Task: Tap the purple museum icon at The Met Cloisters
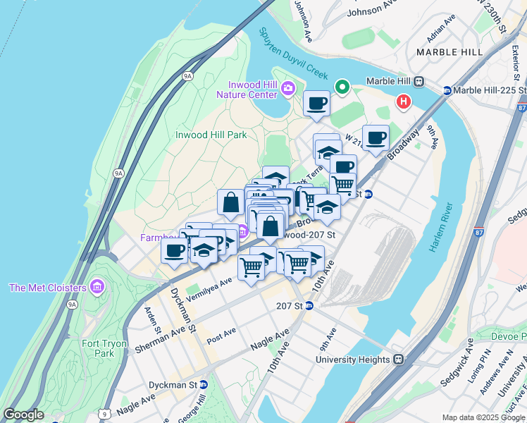click(97, 287)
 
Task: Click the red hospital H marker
click(404, 102)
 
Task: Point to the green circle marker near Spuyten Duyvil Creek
click(342, 87)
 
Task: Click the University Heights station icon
click(398, 359)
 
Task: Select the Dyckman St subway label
click(173, 385)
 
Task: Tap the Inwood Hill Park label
click(211, 135)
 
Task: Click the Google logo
click(24, 415)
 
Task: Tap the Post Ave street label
click(221, 336)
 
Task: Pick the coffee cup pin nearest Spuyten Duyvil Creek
click(316, 103)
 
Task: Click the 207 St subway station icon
click(308, 306)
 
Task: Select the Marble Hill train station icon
click(418, 81)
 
